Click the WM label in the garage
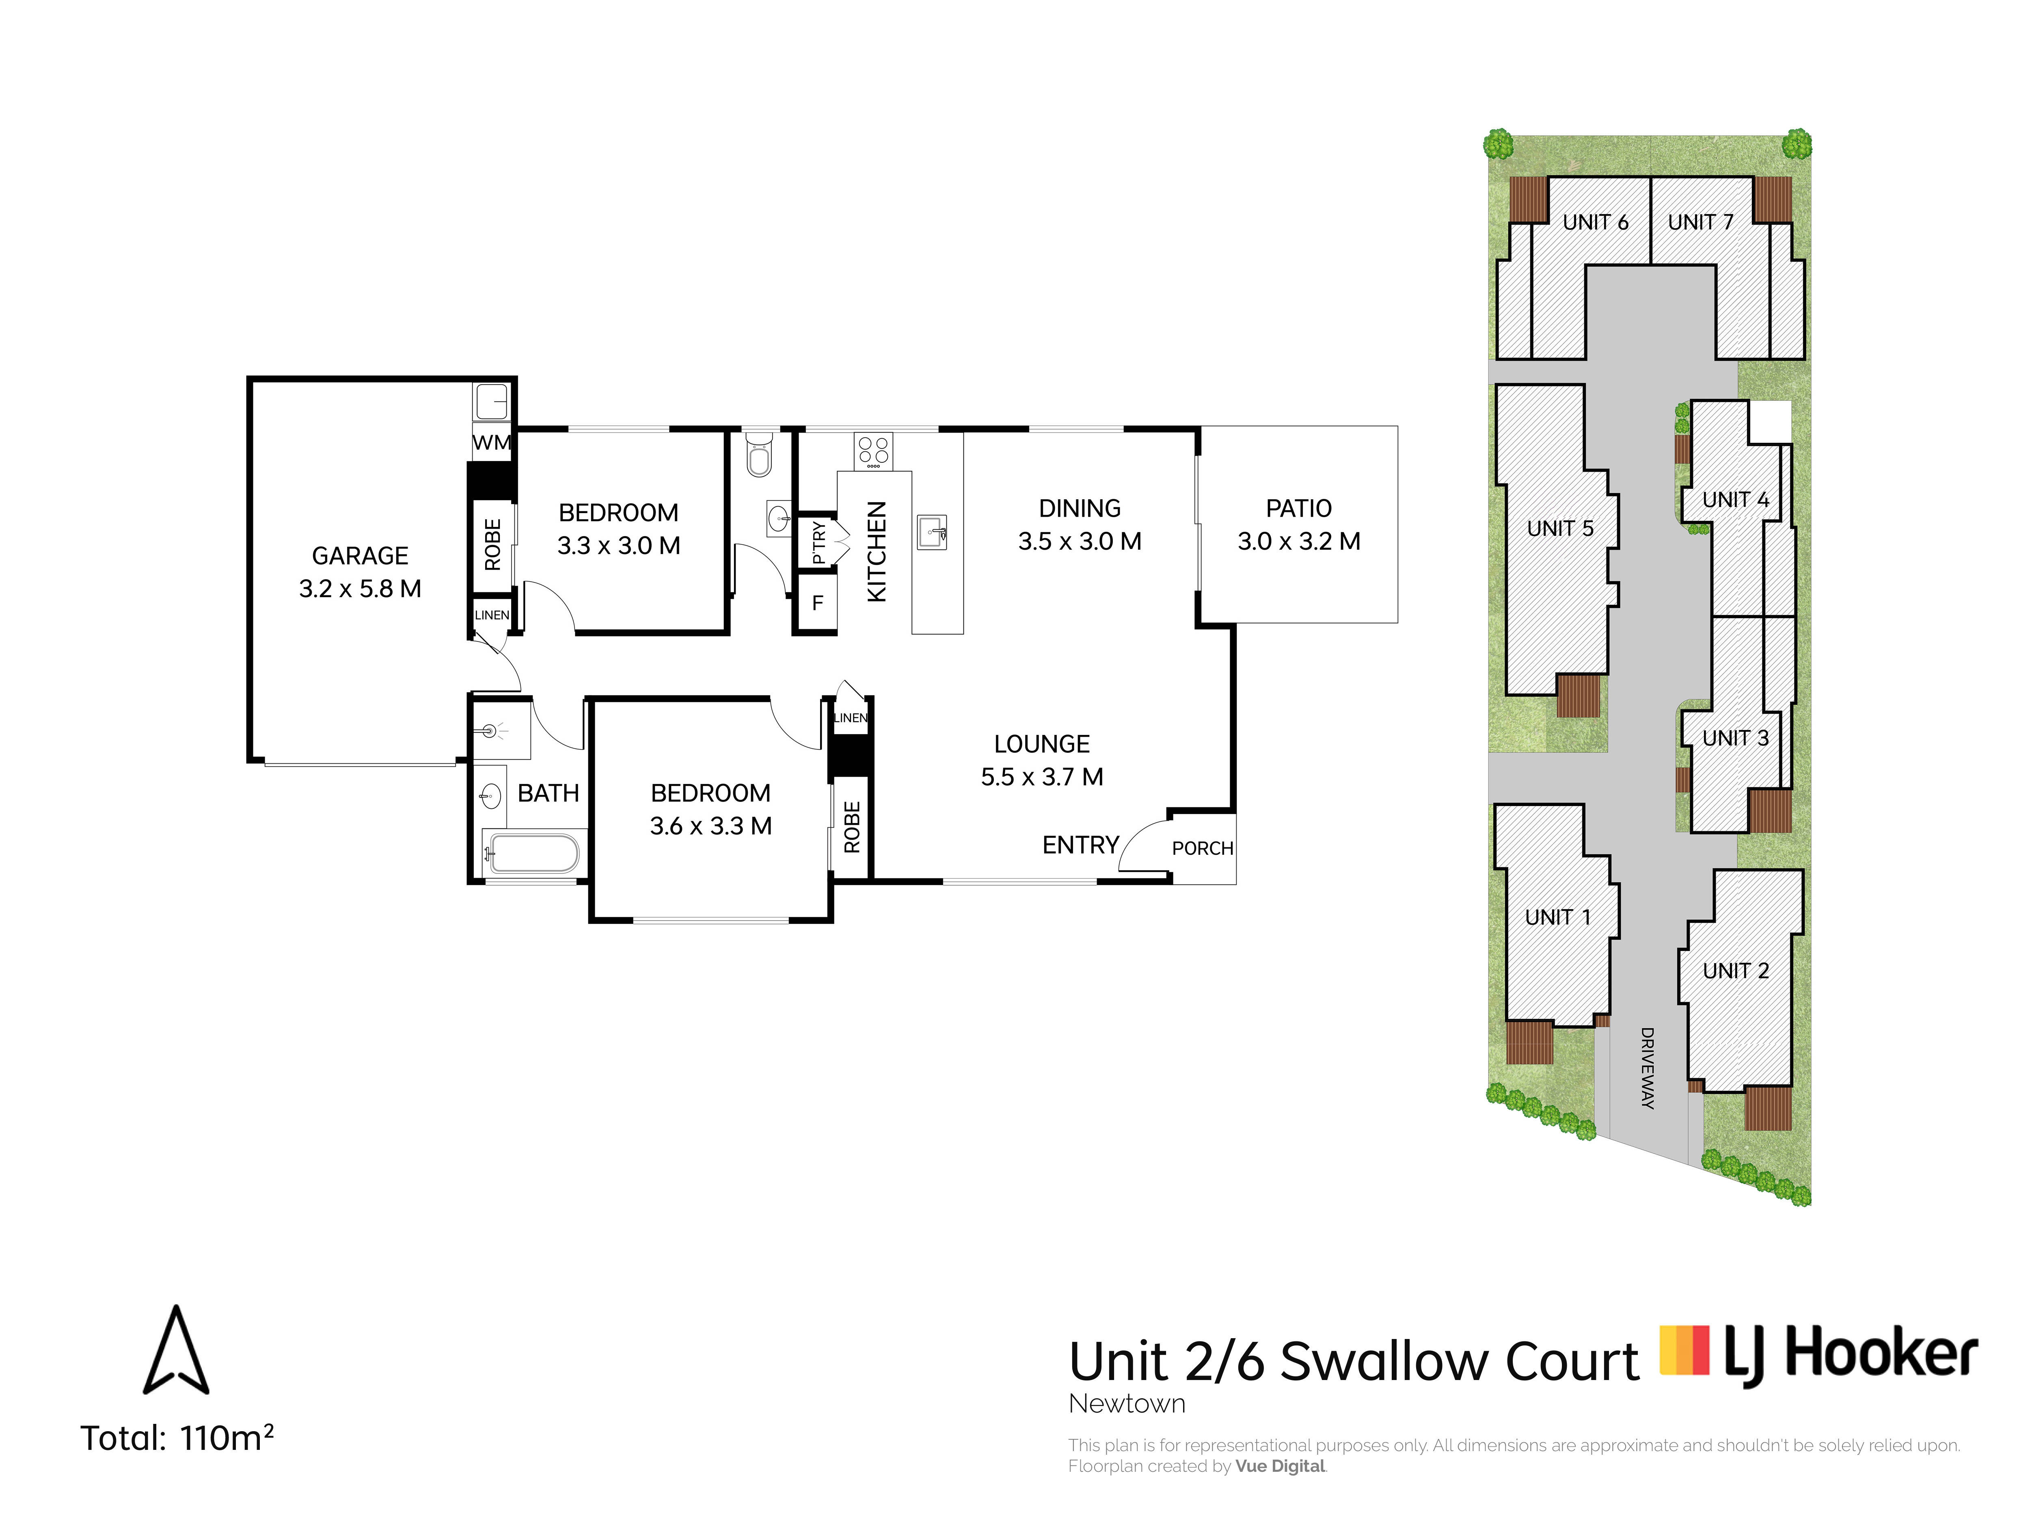point(491,442)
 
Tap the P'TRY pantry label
point(818,544)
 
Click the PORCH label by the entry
point(1202,848)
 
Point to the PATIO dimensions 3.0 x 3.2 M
point(1298,542)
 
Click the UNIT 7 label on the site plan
point(1701,222)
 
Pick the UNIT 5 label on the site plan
point(1560,529)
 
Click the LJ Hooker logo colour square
point(1685,1351)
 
